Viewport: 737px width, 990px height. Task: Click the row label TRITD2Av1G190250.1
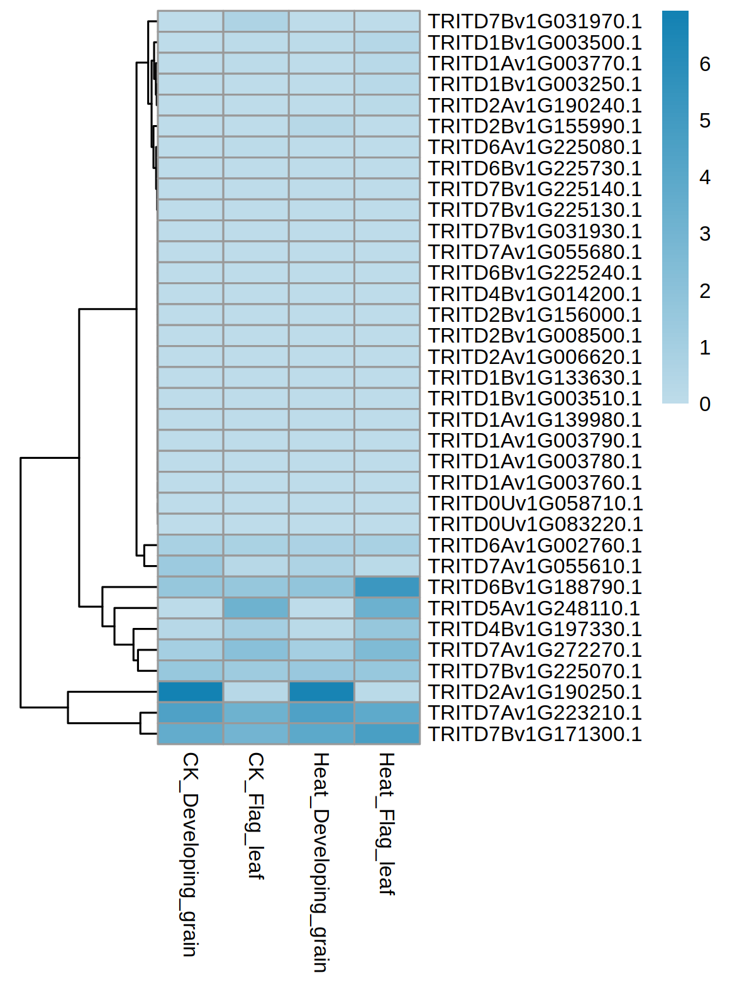pos(535,691)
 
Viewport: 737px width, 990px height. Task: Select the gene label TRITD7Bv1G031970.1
pos(535,21)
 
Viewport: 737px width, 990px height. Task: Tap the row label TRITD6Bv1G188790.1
pos(535,587)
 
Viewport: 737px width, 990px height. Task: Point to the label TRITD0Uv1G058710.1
pos(535,503)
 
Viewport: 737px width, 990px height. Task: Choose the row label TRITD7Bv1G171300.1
pos(535,734)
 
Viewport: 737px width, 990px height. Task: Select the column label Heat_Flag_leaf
pos(386,823)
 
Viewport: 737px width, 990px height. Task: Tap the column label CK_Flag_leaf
pos(255,815)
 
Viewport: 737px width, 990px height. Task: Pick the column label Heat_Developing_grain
pos(321,862)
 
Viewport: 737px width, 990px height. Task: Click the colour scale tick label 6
pos(705,64)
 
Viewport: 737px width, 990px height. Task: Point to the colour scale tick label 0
pos(705,404)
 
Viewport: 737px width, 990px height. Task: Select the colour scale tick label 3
pos(705,234)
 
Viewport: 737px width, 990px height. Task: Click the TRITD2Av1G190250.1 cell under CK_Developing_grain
pos(191,691)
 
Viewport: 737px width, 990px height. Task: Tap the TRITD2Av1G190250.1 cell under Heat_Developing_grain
pos(321,691)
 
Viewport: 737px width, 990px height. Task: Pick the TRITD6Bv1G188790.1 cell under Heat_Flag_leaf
pos(387,587)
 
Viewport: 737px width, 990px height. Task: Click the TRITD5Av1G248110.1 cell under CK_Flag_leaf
pos(256,608)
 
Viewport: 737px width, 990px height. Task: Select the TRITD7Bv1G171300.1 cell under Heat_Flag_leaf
pos(387,734)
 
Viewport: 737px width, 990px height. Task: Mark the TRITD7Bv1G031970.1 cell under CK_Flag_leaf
pos(256,21)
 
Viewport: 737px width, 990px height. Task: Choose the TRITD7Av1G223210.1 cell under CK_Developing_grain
pos(191,713)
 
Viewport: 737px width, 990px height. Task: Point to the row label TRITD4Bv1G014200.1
pos(535,294)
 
